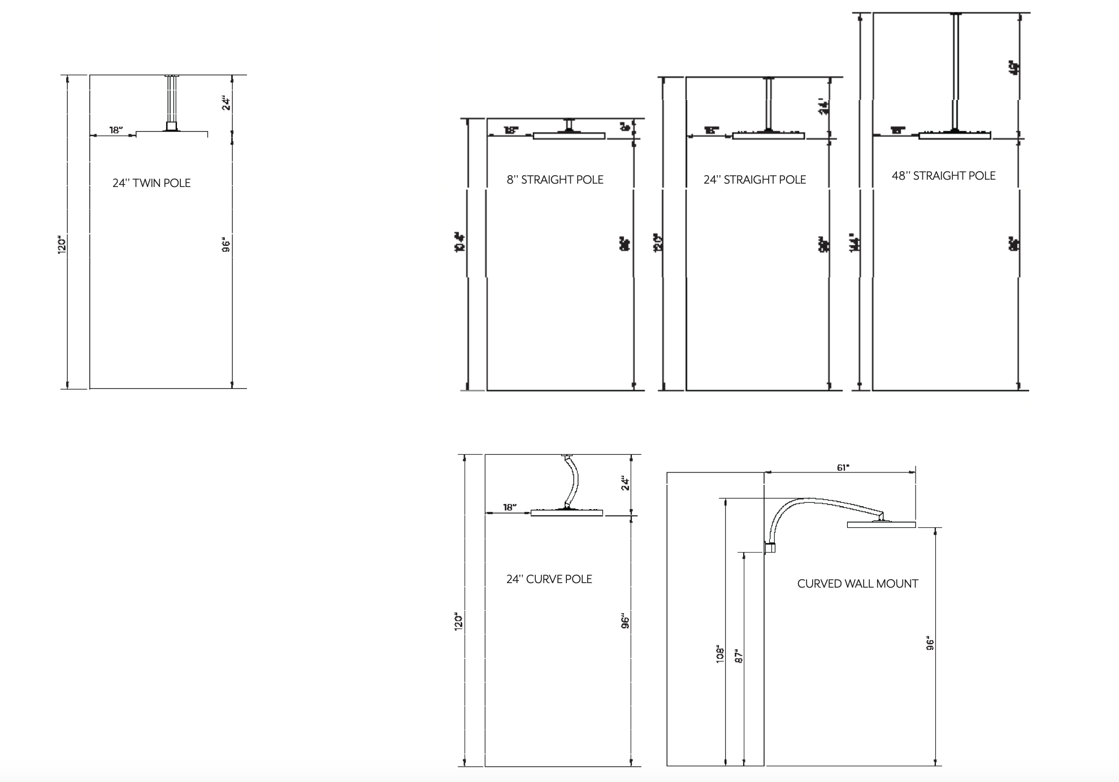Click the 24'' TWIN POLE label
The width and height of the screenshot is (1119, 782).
[x=151, y=183]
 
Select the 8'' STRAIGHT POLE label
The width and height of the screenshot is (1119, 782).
[x=555, y=180]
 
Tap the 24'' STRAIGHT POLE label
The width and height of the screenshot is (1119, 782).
[x=754, y=180]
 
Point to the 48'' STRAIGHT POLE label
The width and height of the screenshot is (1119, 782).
[x=943, y=176]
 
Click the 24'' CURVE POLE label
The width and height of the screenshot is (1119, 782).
[x=549, y=579]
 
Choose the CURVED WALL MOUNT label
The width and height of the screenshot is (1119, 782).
[x=857, y=584]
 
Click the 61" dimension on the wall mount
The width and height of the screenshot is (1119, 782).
[x=843, y=467]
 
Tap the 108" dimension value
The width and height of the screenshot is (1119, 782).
[x=720, y=654]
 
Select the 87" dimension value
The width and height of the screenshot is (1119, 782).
[x=739, y=657]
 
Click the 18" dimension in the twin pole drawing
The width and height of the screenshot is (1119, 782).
[x=116, y=130]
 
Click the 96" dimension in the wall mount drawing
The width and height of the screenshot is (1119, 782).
[x=930, y=644]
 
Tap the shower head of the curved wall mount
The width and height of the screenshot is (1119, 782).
[x=881, y=525]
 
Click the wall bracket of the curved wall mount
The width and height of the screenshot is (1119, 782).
[x=769, y=547]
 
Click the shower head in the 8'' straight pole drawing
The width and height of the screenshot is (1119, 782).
[x=569, y=136]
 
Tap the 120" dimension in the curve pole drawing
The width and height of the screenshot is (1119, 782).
[x=459, y=622]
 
